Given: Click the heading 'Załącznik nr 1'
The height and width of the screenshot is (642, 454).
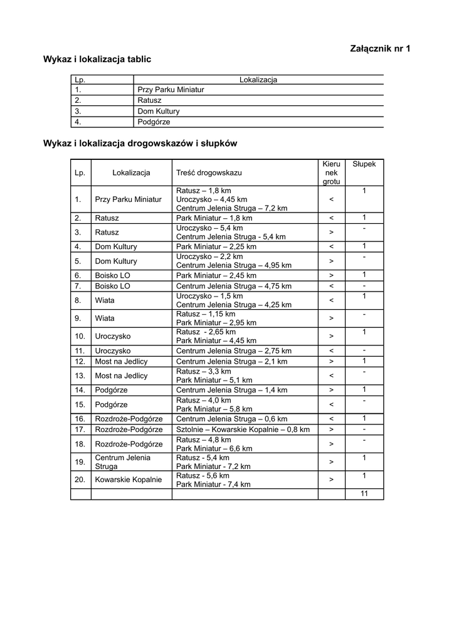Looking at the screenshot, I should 379,48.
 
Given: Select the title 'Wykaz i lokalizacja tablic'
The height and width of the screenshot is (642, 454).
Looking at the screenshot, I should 97,59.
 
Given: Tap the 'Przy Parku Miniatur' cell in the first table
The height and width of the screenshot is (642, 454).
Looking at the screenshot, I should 171,90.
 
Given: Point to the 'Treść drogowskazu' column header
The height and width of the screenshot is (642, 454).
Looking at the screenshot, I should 209,172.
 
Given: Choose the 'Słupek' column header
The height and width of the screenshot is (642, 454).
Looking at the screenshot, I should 364,164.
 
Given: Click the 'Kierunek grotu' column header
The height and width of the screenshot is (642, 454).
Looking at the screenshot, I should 331,172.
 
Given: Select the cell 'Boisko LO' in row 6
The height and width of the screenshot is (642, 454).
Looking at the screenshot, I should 113,275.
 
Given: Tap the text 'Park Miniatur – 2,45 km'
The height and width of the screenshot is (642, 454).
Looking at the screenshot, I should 216,275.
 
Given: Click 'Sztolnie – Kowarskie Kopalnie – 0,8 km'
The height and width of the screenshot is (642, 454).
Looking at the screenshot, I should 243,429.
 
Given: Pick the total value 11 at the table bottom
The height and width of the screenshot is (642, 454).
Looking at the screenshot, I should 364,494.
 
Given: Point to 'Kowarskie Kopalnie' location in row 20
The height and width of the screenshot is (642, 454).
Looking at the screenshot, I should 129,480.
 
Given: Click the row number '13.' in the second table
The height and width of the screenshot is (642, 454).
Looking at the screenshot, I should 80,376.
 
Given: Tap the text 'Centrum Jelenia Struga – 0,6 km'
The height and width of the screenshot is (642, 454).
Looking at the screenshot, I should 231,419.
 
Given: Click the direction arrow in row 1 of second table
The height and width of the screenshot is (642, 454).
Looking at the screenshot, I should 331,199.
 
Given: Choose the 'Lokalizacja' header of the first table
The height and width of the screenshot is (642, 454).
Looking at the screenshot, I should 258,80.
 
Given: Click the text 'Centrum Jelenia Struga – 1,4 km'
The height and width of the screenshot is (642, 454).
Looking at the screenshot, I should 231,390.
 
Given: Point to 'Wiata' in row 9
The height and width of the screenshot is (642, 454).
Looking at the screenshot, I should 105,318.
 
